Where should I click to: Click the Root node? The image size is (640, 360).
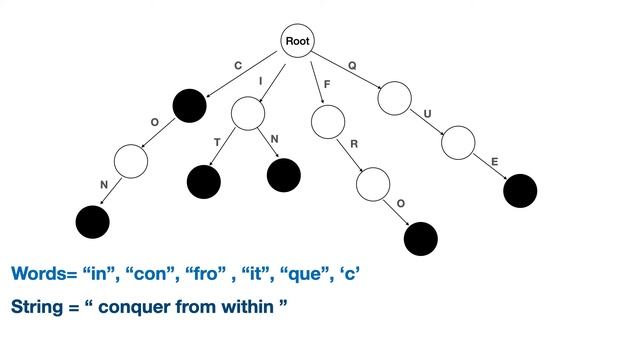pyautogui.click(x=298, y=41)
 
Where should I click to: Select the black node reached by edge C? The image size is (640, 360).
pyautogui.click(x=189, y=104)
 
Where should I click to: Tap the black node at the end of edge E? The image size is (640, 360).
pyautogui.click(x=520, y=190)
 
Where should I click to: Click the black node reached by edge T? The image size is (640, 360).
pyautogui.click(x=204, y=181)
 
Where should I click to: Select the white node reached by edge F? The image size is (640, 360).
pyautogui.click(x=328, y=122)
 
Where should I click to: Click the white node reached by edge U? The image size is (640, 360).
pyautogui.click(x=457, y=143)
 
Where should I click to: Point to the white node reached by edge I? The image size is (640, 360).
pyautogui.click(x=247, y=113)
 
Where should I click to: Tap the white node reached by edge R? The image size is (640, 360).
pyautogui.click(x=373, y=184)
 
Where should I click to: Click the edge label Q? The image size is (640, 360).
pyautogui.click(x=352, y=66)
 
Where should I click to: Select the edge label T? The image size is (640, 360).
pyautogui.click(x=216, y=142)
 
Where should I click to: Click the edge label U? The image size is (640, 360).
pyautogui.click(x=428, y=113)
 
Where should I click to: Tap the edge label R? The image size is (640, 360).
pyautogui.click(x=354, y=145)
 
